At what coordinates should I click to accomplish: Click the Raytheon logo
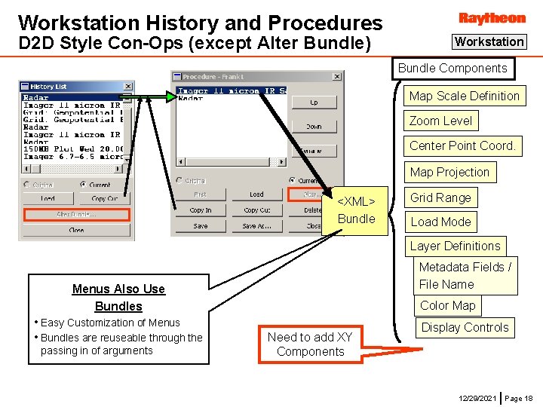point(492,17)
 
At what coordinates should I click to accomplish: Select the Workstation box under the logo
point(489,42)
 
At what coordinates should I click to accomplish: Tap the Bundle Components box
point(452,69)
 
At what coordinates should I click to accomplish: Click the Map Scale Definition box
point(464,96)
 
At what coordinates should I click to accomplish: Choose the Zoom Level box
point(440,121)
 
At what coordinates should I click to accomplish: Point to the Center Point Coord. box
point(462,145)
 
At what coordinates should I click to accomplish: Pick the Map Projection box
point(449,172)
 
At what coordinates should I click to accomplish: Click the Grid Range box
point(440,197)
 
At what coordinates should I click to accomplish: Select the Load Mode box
point(440,222)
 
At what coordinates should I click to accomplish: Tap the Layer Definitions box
point(455,246)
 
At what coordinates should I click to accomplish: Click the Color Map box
point(447,305)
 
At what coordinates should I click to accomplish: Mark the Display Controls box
point(465,327)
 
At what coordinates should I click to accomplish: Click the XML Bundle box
point(356,210)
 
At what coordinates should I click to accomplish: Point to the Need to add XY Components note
point(310,344)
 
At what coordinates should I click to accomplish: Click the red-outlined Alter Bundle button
point(76,215)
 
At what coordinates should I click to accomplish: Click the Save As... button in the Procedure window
point(256,225)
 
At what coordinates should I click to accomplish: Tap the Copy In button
point(201,210)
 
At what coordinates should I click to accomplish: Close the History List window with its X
point(128,87)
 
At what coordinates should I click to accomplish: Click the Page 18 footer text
point(518,397)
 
